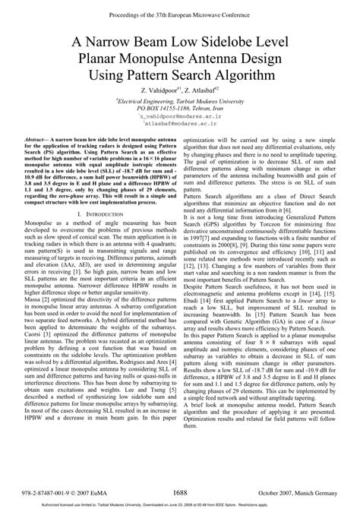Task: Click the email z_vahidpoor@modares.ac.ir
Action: pos(179,118)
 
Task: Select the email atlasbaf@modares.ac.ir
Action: pos(179,126)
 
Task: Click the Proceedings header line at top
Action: pos(179,8)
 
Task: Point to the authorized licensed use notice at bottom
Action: pos(179,504)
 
